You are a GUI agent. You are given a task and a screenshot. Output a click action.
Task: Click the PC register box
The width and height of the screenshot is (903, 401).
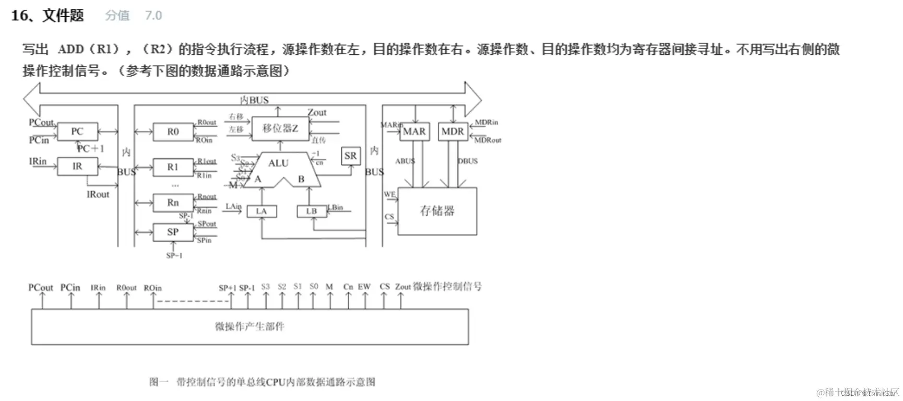coord(77,132)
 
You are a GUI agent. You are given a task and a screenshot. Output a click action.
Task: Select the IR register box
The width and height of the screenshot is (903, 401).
coord(77,167)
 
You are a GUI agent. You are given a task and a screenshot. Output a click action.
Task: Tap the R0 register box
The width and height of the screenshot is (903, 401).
coord(173,132)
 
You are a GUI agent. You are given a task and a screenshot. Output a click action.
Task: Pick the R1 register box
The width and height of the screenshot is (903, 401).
coord(173,167)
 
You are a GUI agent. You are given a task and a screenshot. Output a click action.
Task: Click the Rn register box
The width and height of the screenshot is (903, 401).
coord(173,203)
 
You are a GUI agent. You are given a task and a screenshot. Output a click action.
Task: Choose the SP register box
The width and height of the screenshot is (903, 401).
coord(173,232)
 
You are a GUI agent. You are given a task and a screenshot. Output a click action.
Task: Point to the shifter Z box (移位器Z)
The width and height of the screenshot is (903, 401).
coord(280,128)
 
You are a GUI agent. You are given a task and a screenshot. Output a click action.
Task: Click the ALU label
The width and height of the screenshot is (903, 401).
coord(278,163)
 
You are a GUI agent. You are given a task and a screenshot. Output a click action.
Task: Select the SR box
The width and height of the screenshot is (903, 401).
coord(350,156)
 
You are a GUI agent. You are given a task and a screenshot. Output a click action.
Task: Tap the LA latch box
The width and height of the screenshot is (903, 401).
coord(262,211)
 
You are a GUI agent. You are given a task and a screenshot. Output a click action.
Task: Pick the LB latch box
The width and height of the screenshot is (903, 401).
coord(312,211)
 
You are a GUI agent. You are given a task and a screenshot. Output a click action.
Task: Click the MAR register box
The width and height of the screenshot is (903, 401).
coord(414,132)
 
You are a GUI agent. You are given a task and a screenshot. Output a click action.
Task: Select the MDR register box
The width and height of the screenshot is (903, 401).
coord(453,132)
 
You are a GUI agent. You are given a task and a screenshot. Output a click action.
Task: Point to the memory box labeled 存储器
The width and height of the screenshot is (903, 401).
coord(437,211)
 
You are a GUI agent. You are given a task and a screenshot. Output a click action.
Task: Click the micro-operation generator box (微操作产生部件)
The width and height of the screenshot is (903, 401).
coord(249,327)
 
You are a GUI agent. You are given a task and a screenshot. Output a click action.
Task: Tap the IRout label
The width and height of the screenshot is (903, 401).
coord(98,194)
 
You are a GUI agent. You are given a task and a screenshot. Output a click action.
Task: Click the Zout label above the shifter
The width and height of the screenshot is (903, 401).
coord(317,112)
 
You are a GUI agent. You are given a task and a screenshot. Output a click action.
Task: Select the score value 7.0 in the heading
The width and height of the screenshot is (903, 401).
coord(153,16)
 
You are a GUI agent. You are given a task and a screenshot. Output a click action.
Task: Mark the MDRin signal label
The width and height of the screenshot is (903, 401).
coord(486,123)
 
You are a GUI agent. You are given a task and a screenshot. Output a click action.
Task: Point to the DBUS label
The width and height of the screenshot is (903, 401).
coord(468,161)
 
